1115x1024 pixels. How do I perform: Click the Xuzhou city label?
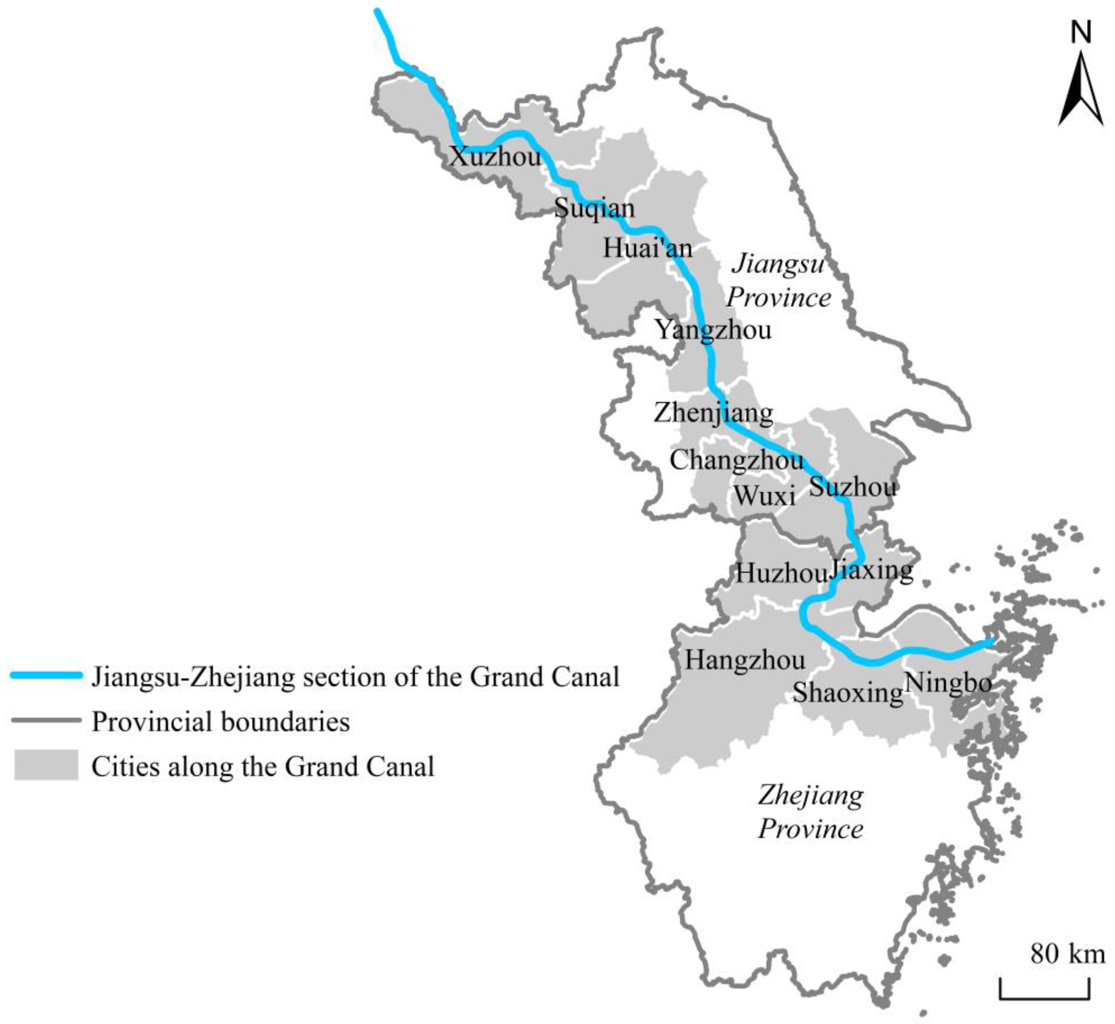[x=495, y=157]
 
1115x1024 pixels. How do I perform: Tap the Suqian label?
[x=595, y=209]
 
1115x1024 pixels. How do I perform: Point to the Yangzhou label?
[x=714, y=330]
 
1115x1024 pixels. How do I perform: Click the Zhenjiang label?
[x=714, y=413]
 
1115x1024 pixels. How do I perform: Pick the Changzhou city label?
[x=736, y=460]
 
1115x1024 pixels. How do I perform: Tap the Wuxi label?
[x=765, y=495]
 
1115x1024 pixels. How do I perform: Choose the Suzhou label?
[x=852, y=487]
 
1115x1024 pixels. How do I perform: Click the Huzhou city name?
[x=781, y=572]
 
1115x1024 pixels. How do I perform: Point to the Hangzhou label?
[x=745, y=660]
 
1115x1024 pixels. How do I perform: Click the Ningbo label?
[x=947, y=683]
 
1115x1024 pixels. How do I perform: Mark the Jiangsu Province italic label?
[x=778, y=280]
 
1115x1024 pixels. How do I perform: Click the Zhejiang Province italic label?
[x=811, y=812]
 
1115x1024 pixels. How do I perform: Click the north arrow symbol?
[x=1081, y=89]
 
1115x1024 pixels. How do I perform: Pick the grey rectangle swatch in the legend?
[x=46, y=765]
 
